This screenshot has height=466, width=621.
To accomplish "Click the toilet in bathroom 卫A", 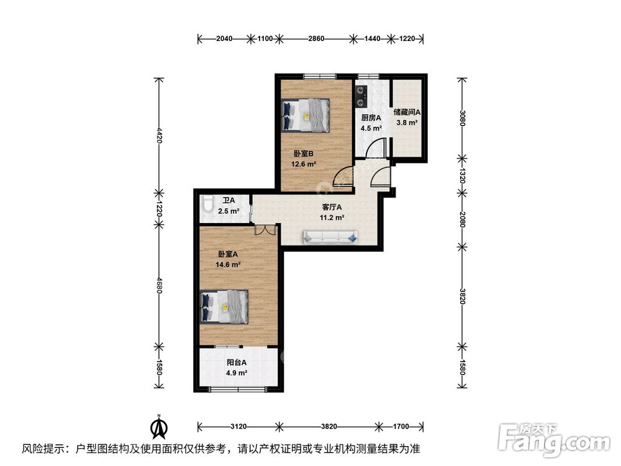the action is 207,203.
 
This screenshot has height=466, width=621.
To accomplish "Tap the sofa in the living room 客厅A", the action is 330,237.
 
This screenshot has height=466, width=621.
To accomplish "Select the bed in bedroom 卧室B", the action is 306,115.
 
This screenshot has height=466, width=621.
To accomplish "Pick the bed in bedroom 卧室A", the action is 224,307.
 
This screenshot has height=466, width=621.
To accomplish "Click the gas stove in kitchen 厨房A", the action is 361,97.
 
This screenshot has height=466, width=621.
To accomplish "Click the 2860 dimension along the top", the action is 316,39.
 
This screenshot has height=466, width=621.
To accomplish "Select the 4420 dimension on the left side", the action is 159,135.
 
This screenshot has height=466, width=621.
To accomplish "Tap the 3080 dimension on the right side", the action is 462,118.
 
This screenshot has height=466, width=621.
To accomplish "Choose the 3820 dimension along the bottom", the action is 329,426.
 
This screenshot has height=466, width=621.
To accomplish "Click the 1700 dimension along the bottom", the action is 401,426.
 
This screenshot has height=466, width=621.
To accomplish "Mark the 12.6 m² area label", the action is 304,163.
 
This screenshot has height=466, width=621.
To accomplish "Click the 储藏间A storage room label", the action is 407,112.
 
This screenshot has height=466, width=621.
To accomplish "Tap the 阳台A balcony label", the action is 237,362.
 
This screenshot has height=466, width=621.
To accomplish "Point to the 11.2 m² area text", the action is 332,217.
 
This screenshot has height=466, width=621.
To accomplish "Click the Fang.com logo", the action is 554,439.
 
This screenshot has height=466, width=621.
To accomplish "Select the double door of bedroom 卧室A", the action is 265,230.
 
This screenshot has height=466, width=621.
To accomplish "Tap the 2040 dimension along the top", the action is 224,39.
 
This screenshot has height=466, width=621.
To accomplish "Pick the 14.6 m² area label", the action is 228,265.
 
